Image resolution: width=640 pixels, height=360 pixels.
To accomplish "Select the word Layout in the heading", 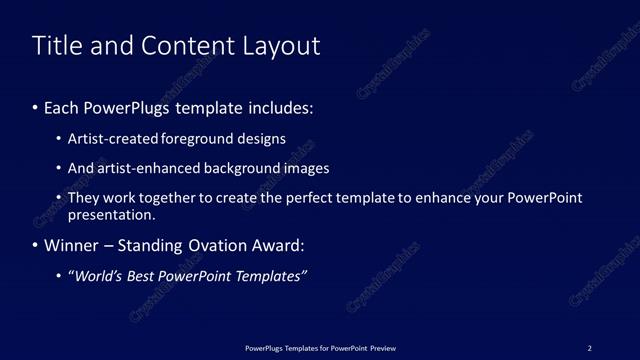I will click(284, 46).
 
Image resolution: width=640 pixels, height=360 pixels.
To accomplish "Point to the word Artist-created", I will click(106, 139).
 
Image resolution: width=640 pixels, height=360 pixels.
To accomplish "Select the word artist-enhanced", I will click(148, 169).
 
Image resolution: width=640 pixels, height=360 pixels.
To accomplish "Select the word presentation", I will click(111, 215).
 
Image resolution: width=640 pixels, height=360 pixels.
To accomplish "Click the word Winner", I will click(72, 246).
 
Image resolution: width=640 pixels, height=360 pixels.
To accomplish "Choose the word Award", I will click(277, 246).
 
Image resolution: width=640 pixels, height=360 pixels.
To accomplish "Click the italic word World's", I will click(96, 275).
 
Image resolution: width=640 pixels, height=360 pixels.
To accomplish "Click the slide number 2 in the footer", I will click(590, 348).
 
